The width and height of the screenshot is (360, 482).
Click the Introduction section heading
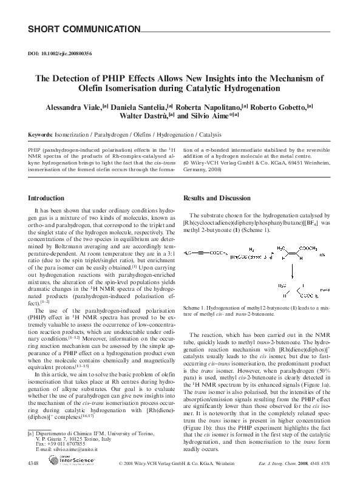tap(47, 198)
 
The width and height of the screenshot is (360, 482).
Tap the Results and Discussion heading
tap(217, 198)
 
